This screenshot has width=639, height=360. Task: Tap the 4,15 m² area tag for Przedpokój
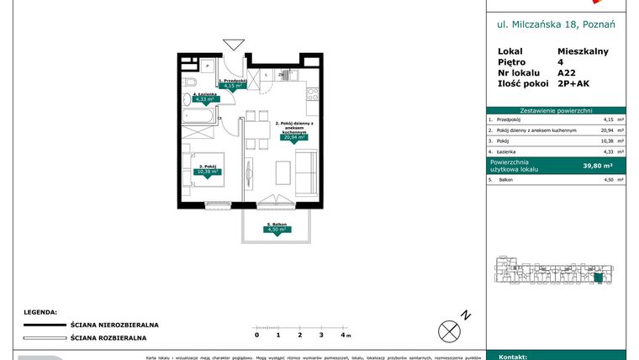pyautogui.click(x=231, y=85)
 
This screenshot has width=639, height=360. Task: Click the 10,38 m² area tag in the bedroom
pyautogui.click(x=207, y=172)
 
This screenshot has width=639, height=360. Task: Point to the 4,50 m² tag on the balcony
pyautogui.click(x=276, y=229)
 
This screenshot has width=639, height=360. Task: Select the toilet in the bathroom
pyautogui.click(x=190, y=82)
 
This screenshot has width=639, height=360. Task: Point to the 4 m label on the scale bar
pyautogui.click(x=345, y=335)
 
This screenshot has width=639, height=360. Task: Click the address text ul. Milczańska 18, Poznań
pyautogui.click(x=556, y=24)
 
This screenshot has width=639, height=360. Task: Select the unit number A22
pyautogui.click(x=567, y=72)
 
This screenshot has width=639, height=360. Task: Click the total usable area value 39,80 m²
pyautogui.click(x=598, y=166)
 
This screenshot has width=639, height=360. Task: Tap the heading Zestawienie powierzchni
pyautogui.click(x=556, y=110)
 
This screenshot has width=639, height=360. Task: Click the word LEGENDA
pyautogui.click(x=40, y=310)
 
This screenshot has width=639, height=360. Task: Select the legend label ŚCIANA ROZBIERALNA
pyautogui.click(x=109, y=337)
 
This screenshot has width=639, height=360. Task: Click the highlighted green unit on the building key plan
pyautogui.click(x=599, y=278)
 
